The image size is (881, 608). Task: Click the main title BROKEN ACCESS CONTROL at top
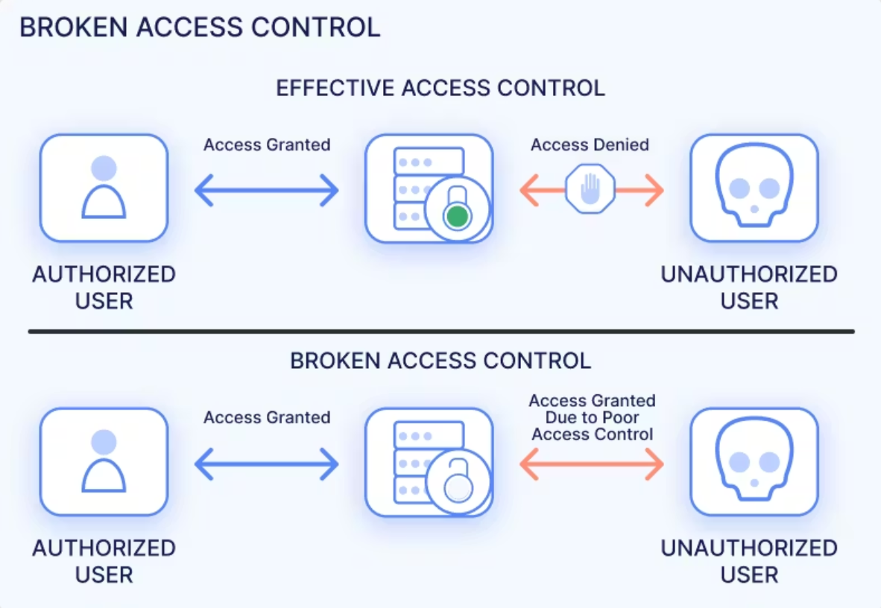click(x=200, y=28)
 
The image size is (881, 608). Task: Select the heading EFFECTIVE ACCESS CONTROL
click(x=440, y=88)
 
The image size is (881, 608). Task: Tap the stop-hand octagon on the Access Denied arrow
click(x=590, y=189)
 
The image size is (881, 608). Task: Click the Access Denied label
click(x=590, y=145)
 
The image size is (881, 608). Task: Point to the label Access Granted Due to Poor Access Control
click(x=592, y=417)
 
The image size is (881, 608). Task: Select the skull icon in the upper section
click(x=754, y=188)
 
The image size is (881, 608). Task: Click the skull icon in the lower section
click(x=754, y=461)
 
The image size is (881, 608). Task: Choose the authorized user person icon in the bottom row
click(x=104, y=461)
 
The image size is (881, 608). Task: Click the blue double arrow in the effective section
click(x=267, y=191)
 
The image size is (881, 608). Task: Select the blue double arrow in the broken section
click(x=267, y=464)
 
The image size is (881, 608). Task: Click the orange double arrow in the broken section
click(x=591, y=464)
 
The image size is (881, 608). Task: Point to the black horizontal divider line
click(x=440, y=331)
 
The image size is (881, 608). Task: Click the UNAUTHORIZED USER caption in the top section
click(x=749, y=288)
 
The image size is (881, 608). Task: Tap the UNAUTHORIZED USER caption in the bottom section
click(x=749, y=561)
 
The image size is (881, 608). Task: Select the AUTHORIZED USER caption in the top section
click(x=104, y=288)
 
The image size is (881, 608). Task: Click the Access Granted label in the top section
click(x=267, y=145)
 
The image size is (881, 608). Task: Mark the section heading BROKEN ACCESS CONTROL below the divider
click(x=440, y=361)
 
